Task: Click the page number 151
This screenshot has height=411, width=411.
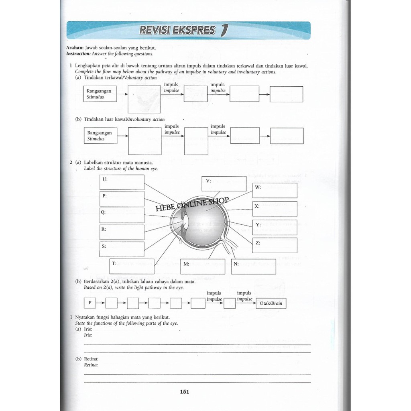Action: pos(185,392)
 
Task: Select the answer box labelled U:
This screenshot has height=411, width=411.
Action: pos(122,183)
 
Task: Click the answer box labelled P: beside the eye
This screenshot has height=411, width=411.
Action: pos(122,199)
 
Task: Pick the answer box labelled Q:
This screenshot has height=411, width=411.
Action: pos(122,215)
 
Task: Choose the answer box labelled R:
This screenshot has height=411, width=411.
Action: pos(122,232)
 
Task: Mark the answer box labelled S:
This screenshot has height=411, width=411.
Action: pos(122,249)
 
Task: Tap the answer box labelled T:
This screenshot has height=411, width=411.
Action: pos(132,266)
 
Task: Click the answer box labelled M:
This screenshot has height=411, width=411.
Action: pos(203,266)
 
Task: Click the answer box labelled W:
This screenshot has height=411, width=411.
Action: pos(275,190)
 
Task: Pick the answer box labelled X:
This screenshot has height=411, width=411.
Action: pos(275,209)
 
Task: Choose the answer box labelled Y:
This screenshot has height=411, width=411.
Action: pos(275,227)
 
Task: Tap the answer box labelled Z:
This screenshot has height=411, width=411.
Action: pos(275,245)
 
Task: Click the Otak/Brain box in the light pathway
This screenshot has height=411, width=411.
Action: pos(271,303)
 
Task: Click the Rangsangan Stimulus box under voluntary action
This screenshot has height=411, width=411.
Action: pos(100,94)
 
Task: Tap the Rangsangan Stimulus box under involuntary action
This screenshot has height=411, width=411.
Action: pos(100,136)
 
